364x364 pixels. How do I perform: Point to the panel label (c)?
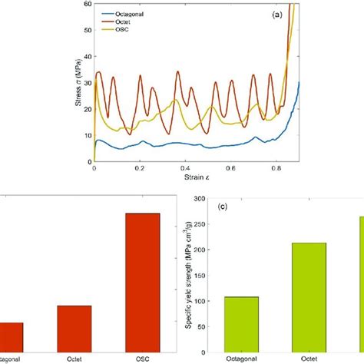click(x=226, y=206)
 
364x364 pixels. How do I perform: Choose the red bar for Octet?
click(x=74, y=328)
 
